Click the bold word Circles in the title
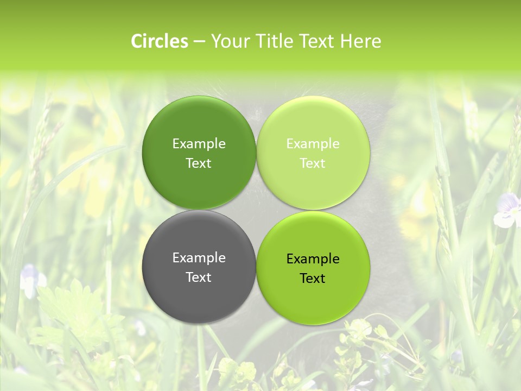[160, 41]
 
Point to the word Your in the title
[230, 41]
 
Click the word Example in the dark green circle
[199, 144]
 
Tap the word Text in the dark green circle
[199, 163]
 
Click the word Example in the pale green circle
[313, 144]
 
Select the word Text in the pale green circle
[313, 163]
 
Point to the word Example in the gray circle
[199, 258]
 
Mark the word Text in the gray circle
[199, 278]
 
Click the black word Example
[313, 259]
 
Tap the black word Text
[313, 279]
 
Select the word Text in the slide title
[316, 41]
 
